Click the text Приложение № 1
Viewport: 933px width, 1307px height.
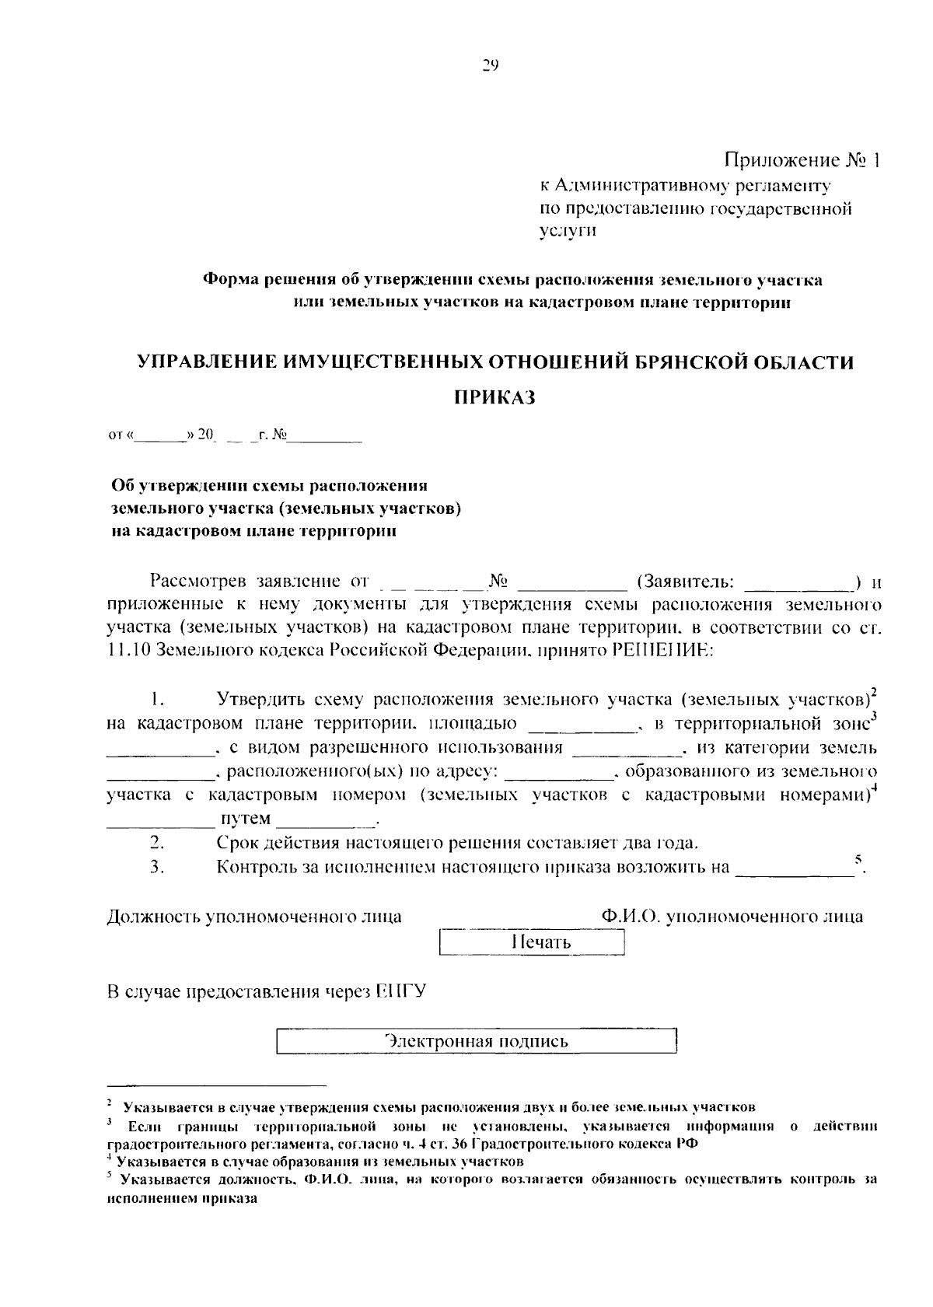(x=803, y=161)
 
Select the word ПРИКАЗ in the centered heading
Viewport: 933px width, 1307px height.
(x=495, y=398)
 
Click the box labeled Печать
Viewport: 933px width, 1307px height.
(x=532, y=943)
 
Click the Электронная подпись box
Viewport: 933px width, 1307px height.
(x=477, y=1041)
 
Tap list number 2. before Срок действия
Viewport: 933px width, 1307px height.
(x=156, y=843)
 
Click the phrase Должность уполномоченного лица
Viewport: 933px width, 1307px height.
(x=254, y=917)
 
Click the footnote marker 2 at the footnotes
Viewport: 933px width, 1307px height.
(x=110, y=1103)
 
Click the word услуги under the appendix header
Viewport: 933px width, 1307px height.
(x=568, y=231)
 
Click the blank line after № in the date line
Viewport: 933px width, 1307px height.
(x=325, y=437)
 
